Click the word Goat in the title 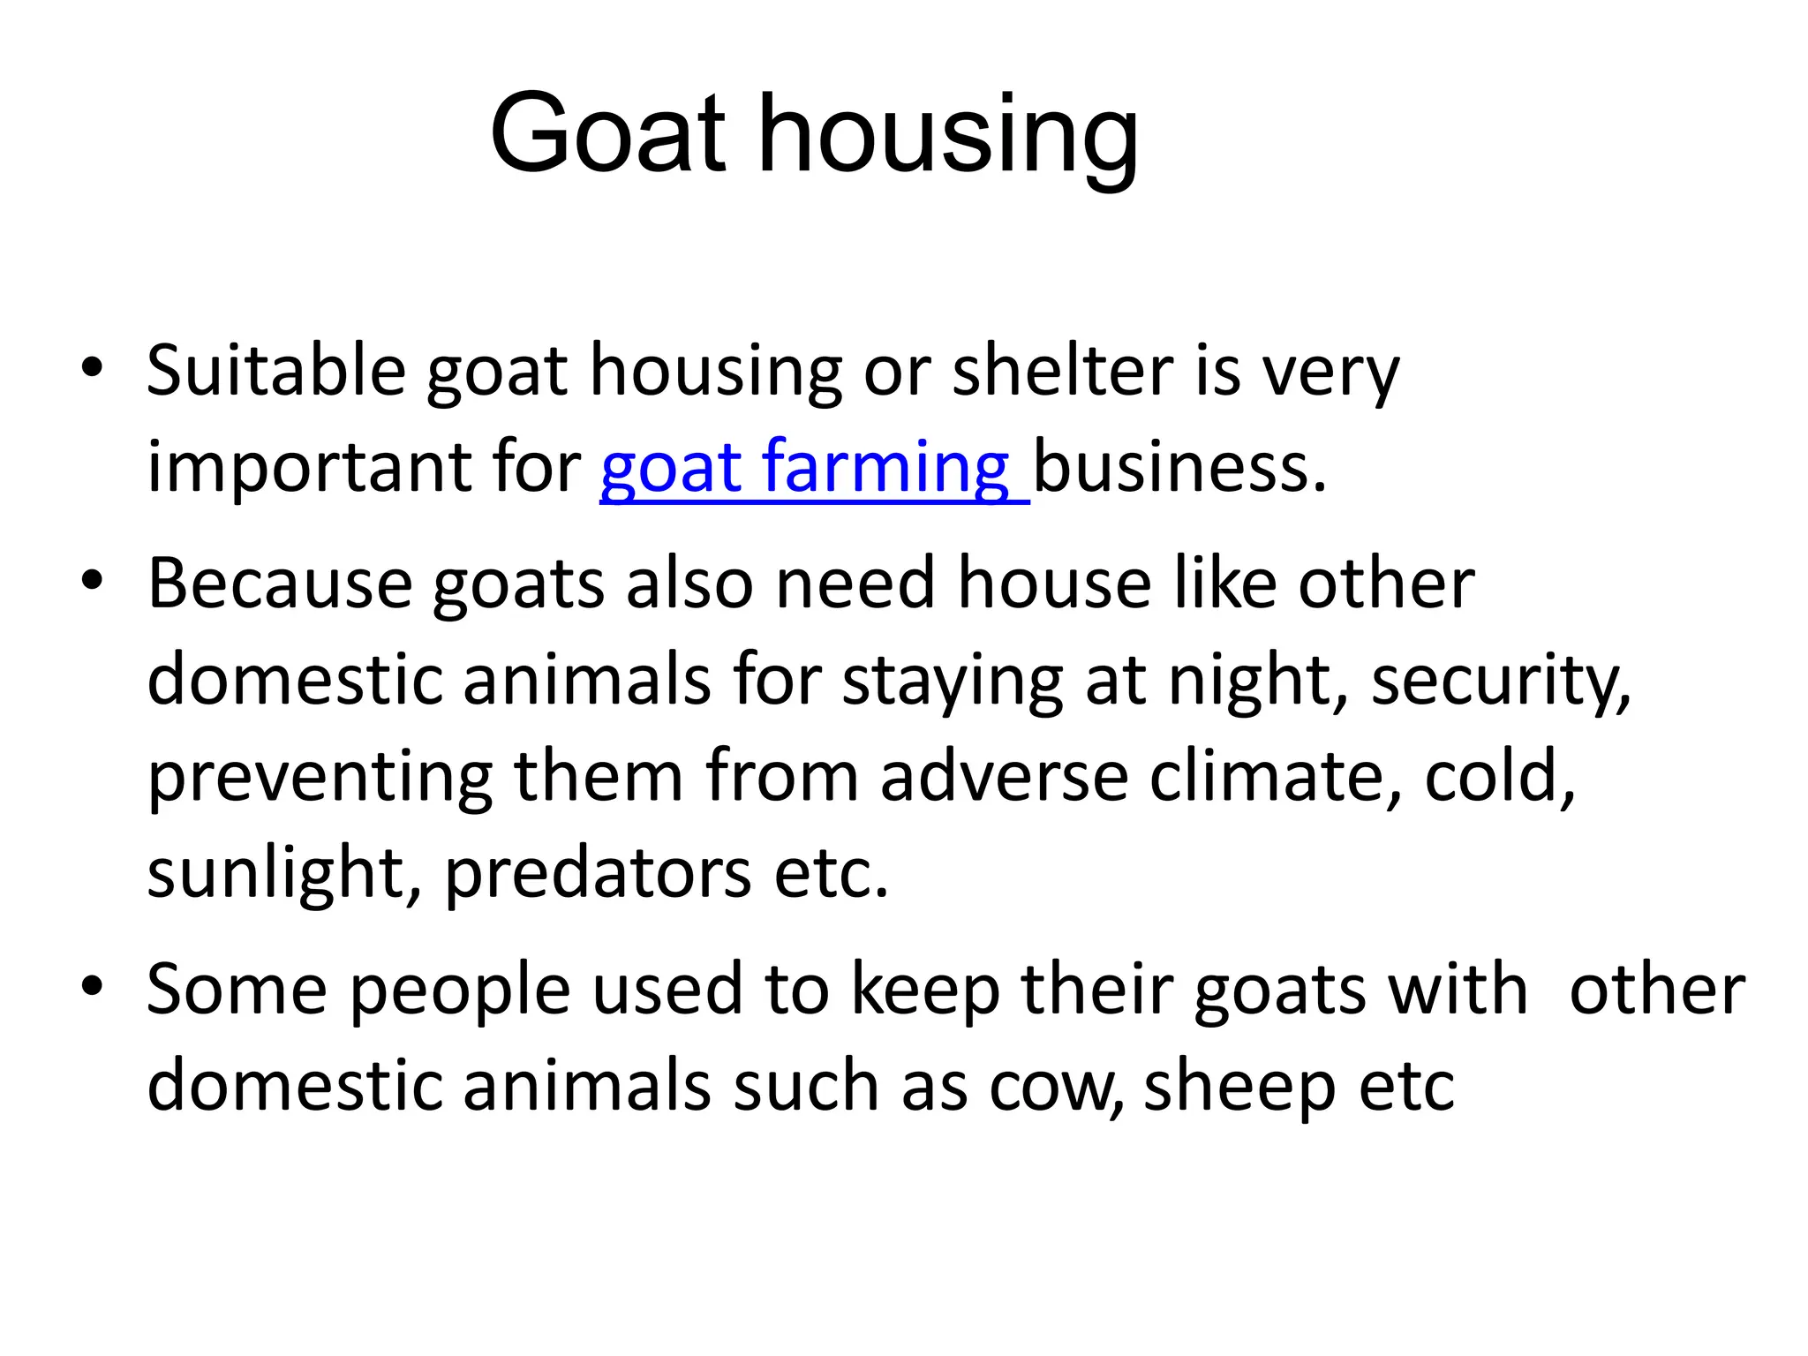click(607, 134)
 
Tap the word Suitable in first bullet click(275, 371)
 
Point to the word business click(1179, 467)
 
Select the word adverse click(1004, 777)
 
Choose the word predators click(598, 873)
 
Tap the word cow click(1056, 1087)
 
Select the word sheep click(1239, 1087)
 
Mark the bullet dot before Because click(92, 580)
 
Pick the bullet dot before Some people click(92, 986)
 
